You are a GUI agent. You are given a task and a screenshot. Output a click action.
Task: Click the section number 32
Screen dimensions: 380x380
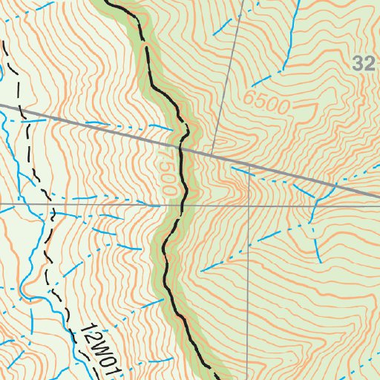(x=364, y=65)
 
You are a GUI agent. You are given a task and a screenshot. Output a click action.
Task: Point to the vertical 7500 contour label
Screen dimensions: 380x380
(x=166, y=172)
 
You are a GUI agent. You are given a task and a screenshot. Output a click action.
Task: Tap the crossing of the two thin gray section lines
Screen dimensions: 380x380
(x=249, y=204)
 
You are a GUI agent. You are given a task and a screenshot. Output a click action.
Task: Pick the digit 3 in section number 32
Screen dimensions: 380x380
(x=359, y=65)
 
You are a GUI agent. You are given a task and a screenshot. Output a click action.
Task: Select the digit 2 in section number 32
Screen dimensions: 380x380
(x=370, y=65)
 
